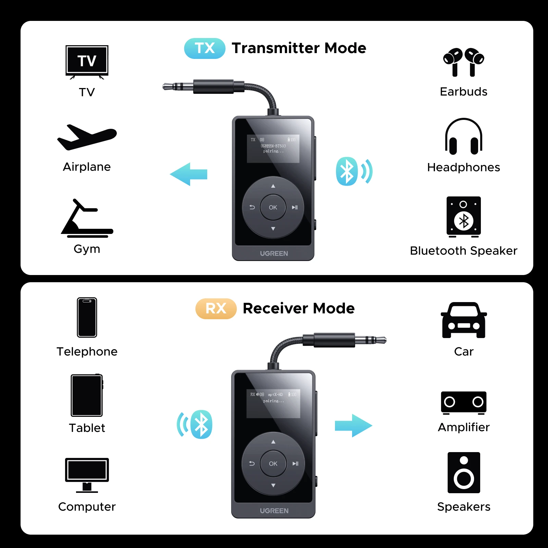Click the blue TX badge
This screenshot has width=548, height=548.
click(204, 48)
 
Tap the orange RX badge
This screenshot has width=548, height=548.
click(216, 308)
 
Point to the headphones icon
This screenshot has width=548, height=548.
click(463, 137)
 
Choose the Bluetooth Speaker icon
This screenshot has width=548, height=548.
click(463, 217)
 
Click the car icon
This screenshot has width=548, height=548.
click(463, 320)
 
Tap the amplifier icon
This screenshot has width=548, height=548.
click(463, 402)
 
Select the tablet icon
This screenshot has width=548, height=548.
click(87, 395)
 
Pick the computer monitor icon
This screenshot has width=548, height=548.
click(87, 474)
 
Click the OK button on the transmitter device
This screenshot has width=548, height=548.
click(273, 207)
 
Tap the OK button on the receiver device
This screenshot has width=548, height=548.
click(273, 463)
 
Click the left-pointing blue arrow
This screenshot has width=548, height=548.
click(188, 174)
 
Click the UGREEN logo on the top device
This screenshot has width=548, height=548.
click(274, 253)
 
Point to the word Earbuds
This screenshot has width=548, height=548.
click(463, 92)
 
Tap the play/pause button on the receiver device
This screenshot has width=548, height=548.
click(295, 463)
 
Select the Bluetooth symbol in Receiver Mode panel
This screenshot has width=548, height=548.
click(201, 424)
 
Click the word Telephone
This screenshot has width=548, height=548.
click(87, 352)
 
